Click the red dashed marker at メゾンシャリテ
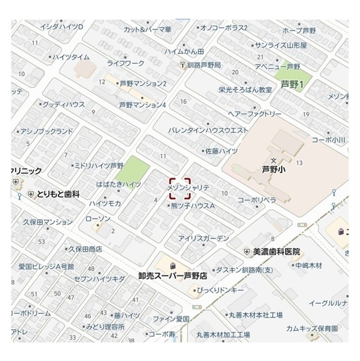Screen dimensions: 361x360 point(179,190)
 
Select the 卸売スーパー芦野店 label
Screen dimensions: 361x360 point(172,276)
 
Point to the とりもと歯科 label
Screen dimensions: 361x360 point(58,195)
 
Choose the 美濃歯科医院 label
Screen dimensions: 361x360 point(276,251)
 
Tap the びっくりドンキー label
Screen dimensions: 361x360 point(220,290)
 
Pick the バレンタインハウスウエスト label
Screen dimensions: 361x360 point(208,130)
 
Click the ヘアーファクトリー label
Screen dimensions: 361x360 point(254,114)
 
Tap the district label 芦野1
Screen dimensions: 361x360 point(292,85)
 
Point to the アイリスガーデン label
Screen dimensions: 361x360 point(204,239)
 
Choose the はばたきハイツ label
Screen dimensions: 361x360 point(118,184)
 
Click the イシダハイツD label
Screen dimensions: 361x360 point(61,27)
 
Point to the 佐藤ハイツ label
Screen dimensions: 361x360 point(221,151)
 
